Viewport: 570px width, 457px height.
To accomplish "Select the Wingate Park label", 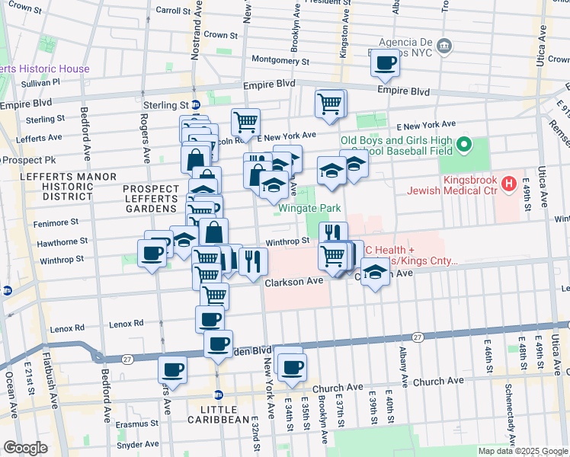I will point(309,207).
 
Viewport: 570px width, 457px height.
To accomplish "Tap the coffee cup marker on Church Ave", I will point(290,368).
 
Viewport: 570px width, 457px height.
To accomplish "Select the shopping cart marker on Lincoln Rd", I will point(245,121).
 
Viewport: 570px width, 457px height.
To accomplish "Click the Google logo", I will point(25,448).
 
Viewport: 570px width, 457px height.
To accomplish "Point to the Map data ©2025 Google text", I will point(522,451).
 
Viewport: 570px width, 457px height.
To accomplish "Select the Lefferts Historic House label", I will point(46,69).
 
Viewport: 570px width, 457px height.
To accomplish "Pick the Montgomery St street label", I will point(280,59).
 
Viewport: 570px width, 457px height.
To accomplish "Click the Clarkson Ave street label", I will point(294,282).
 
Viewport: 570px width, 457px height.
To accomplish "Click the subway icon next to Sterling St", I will point(196,105).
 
